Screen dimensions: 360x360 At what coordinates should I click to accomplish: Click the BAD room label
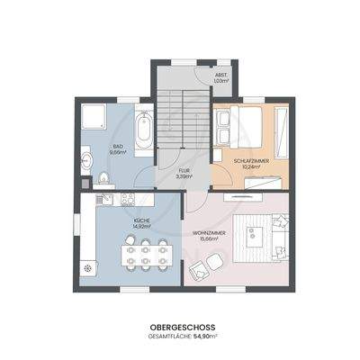click(117, 145)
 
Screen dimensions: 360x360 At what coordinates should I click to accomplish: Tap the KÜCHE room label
click(117, 220)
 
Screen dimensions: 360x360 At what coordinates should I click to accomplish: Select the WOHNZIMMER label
click(209, 233)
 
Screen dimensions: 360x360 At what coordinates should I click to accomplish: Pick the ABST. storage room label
click(220, 75)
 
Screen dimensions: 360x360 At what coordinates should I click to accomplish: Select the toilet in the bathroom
click(86, 162)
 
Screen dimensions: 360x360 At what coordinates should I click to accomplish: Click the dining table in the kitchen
click(144, 253)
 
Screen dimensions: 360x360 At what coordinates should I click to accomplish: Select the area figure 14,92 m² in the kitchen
click(117, 227)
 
